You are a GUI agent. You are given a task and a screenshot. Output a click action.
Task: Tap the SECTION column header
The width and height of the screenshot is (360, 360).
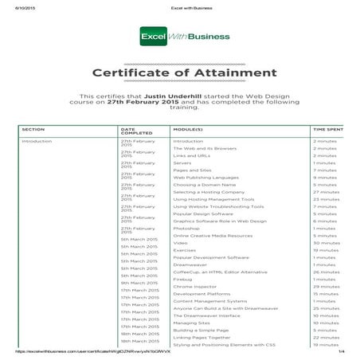click(33, 128)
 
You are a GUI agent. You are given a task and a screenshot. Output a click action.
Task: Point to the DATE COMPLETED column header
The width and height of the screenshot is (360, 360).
click(133, 130)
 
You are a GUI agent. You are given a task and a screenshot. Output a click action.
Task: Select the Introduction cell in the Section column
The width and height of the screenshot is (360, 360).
click(37, 140)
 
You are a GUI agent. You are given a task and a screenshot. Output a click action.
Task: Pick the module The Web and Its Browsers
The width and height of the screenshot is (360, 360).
click(205, 148)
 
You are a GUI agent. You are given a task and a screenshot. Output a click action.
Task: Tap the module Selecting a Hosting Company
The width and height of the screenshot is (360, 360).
click(209, 192)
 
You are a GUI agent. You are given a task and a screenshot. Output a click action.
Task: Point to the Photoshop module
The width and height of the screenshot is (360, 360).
click(188, 229)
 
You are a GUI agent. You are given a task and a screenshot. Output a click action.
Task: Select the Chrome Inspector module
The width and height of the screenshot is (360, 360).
click(197, 286)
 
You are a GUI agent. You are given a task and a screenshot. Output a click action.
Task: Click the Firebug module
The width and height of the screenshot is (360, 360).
click(184, 280)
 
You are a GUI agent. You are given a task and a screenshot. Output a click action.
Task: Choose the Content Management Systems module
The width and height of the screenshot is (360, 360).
click(209, 301)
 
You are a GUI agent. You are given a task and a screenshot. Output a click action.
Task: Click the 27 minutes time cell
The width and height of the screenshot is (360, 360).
click(326, 192)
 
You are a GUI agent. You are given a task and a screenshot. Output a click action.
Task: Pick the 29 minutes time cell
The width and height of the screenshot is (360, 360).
click(326, 286)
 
